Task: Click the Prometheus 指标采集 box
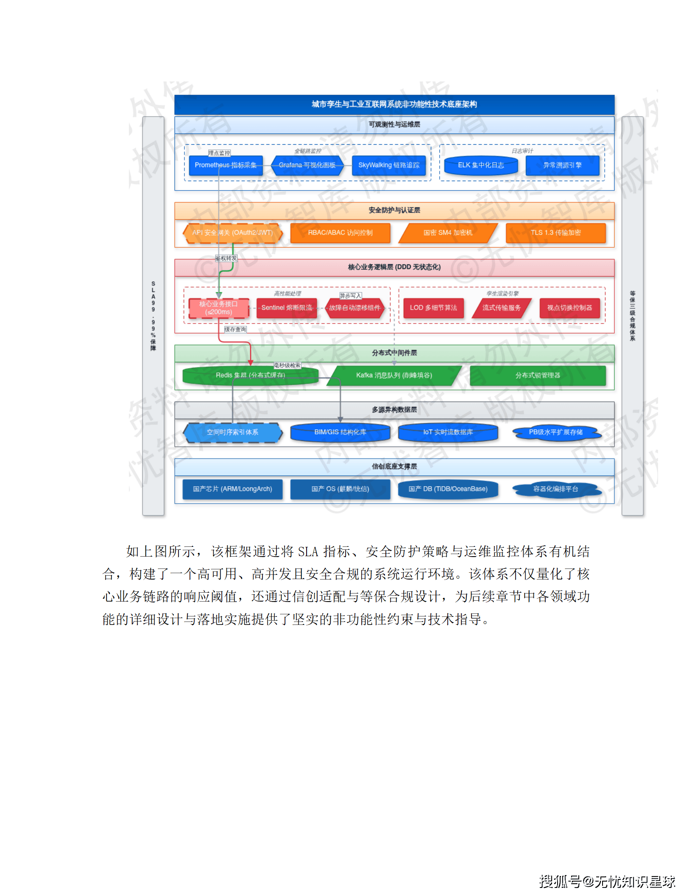[226, 165]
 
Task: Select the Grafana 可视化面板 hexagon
[307, 165]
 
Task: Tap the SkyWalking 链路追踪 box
[388, 165]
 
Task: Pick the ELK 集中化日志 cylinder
[481, 165]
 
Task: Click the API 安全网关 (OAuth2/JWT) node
[232, 233]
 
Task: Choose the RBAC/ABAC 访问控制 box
[340, 233]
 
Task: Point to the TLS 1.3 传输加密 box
[555, 233]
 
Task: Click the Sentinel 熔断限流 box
[287, 308]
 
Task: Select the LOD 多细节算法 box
[433, 308]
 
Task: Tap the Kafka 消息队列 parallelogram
[394, 375]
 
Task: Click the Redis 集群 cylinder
[250, 375]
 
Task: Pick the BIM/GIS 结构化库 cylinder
[340, 432]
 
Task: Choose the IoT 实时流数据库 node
[448, 432]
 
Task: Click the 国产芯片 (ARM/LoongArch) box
[232, 489]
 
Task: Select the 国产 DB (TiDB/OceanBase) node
[448, 489]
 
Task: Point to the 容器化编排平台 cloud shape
[555, 489]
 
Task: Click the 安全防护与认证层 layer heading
[394, 210]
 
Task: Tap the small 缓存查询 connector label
[235, 330]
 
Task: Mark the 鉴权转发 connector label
[226, 258]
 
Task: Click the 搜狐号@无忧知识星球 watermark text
[607, 881]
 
